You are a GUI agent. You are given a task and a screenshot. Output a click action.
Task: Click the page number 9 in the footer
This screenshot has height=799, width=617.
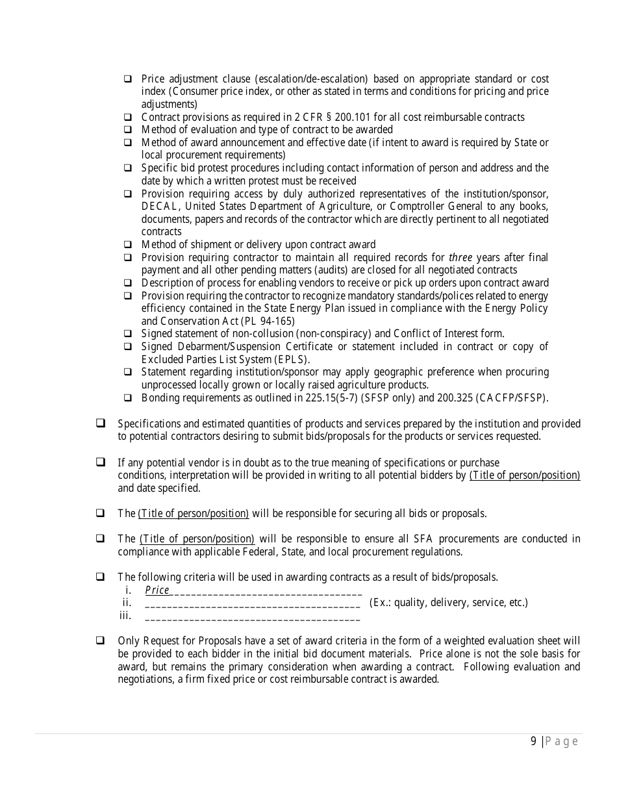[533, 742]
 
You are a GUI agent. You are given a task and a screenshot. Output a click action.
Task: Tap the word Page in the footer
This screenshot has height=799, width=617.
[562, 742]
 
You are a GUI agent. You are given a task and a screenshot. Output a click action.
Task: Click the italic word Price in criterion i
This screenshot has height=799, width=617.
[157, 590]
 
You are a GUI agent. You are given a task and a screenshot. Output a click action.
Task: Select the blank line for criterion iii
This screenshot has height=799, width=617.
[253, 616]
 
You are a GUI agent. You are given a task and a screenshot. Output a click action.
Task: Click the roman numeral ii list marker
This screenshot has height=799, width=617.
[127, 603]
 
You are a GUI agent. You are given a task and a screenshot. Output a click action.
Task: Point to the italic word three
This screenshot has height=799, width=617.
[460, 257]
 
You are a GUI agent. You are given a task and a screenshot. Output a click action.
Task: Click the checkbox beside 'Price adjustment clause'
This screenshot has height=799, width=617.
[128, 79]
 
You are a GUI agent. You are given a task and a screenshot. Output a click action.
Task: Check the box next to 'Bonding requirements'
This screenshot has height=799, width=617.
[128, 398]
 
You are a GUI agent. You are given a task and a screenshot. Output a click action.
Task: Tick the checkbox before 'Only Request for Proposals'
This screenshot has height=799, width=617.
[101, 640]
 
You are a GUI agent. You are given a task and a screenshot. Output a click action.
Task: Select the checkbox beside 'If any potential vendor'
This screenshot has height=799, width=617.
[101, 463]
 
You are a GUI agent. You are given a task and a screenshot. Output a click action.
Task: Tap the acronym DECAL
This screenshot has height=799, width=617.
[158, 207]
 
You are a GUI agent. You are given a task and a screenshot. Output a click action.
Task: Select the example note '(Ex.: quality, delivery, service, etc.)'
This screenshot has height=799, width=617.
[448, 603]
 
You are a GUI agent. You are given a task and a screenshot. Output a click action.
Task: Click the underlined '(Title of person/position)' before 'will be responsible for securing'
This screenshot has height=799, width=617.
[193, 513]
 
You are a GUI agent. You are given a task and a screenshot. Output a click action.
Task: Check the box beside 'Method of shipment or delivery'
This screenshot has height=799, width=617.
[128, 245]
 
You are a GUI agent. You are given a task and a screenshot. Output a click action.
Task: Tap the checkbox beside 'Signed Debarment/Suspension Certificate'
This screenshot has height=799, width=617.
[128, 347]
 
